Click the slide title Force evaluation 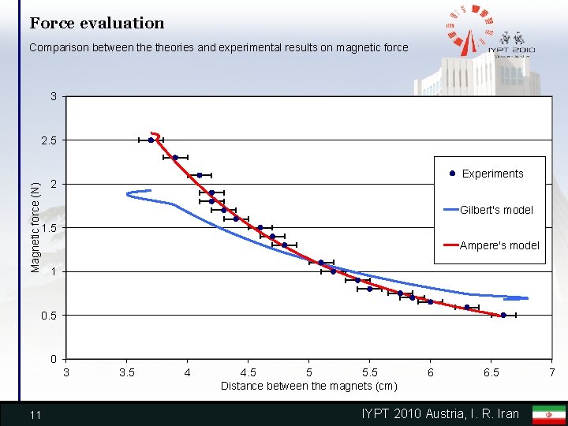click(x=97, y=24)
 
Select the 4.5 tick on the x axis click(x=248, y=372)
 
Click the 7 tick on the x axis click(x=552, y=372)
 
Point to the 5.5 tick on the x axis click(x=369, y=372)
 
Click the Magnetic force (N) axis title click(x=35, y=227)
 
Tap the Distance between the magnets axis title click(x=308, y=386)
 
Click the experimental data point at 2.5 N click(x=151, y=140)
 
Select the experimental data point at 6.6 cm click(x=503, y=316)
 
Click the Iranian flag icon click(x=549, y=414)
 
